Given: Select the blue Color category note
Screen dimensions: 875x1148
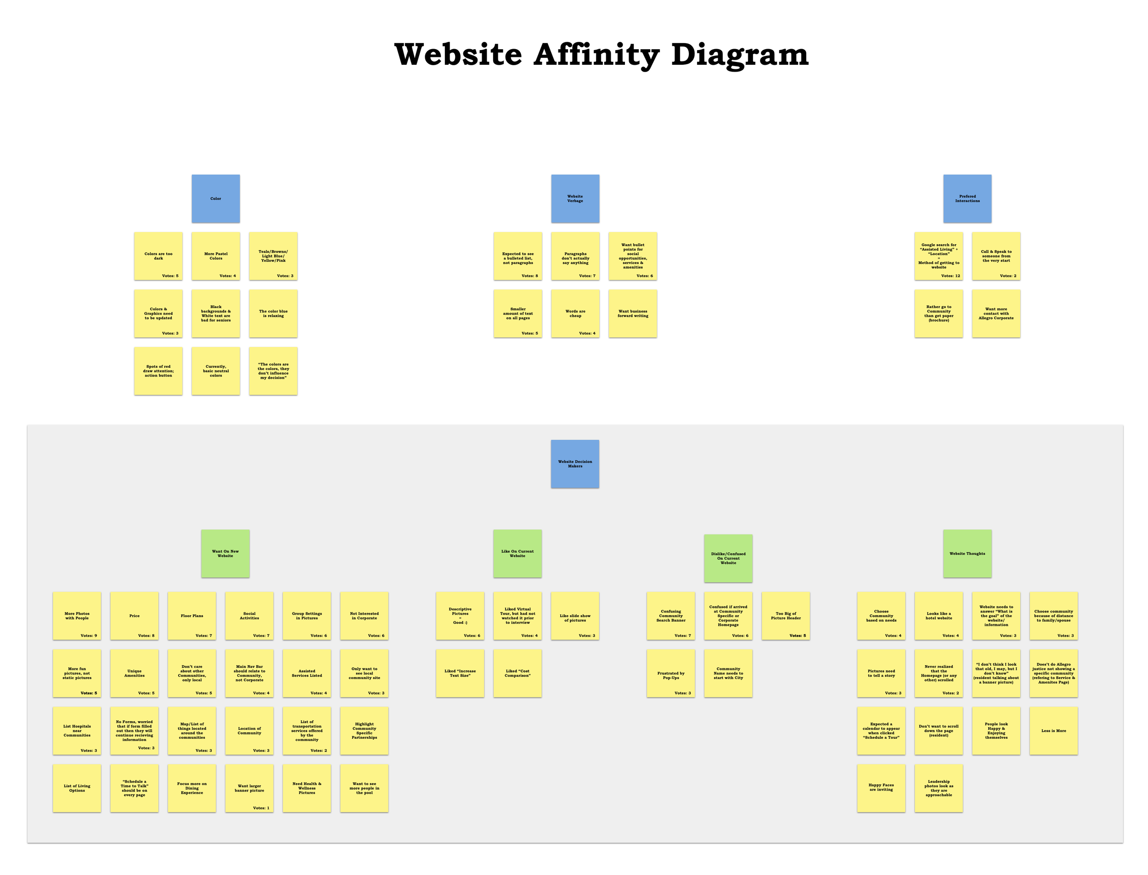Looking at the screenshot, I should coord(216,198).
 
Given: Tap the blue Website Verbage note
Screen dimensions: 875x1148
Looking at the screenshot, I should coord(575,198).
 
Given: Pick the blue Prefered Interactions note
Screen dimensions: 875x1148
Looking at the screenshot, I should coord(967,198).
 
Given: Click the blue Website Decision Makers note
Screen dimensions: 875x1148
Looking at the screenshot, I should coord(575,464).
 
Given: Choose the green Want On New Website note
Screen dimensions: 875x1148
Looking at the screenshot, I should coord(225,554).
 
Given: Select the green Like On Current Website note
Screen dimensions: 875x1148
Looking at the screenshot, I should coord(517,554).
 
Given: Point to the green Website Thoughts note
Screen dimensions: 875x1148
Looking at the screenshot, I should coord(967,554).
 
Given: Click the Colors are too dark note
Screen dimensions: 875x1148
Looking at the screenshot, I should coord(158,256).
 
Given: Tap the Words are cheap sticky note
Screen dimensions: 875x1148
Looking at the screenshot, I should coord(575,314).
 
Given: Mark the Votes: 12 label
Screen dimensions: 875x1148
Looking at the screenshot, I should coord(950,276).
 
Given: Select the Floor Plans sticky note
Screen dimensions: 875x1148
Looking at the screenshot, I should coord(191,616).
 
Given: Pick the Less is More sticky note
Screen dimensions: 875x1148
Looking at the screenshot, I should coord(1053,731).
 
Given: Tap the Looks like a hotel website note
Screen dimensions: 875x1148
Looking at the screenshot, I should coord(939,616).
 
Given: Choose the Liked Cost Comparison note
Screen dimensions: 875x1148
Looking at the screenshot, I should coord(517,673).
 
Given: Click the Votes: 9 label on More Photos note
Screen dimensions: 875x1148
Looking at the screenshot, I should coord(89,636).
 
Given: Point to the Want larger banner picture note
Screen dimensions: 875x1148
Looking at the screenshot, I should coord(249,788).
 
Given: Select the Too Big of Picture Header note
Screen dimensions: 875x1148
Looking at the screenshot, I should coord(786,616).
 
